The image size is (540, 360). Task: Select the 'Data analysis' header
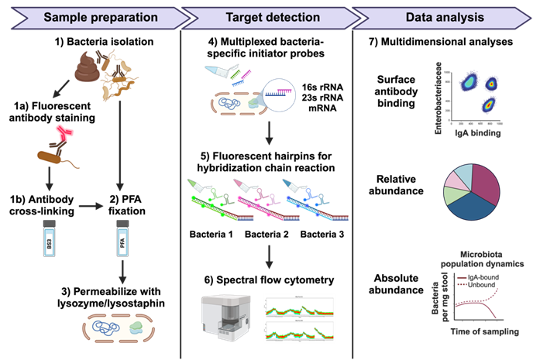click(444, 16)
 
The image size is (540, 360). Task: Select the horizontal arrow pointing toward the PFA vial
click(91, 206)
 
